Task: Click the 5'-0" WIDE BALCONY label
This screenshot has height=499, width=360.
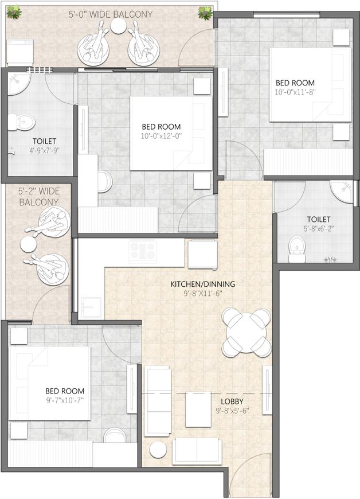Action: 111,14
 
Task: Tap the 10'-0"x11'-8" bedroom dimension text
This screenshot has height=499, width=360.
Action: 295,92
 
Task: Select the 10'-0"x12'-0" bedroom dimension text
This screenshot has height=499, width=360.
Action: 161,136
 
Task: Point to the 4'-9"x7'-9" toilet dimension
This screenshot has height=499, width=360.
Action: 45,150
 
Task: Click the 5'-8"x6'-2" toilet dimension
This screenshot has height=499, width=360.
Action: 318,228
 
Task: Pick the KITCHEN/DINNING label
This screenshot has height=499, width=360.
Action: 203,284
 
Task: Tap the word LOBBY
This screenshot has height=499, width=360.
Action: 232,401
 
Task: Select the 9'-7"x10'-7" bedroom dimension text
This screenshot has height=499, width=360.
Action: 65,400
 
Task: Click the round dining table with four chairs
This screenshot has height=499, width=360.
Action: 246,333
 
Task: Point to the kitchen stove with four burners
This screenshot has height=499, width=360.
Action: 143,251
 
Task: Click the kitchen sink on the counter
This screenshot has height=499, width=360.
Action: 91,307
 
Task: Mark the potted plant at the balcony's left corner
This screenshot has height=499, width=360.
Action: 14,13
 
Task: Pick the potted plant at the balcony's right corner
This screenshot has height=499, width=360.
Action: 205,13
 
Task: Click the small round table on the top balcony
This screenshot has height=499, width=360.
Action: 119,25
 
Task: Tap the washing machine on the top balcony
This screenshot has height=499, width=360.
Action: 20,52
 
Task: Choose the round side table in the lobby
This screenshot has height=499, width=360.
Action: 158,450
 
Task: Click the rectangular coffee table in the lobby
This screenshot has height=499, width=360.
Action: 198,410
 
